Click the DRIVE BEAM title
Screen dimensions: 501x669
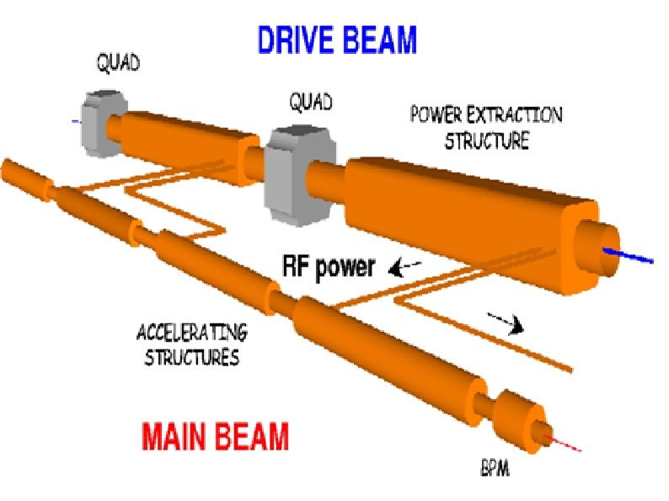pyautogui.click(x=337, y=39)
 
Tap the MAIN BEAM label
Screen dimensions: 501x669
pyautogui.click(x=216, y=438)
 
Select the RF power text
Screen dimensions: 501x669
pyautogui.click(x=329, y=268)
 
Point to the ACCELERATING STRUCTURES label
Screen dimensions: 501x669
pyautogui.click(x=192, y=343)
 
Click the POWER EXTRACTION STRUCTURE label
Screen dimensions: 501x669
pyautogui.click(x=486, y=127)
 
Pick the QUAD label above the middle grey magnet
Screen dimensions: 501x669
pyautogui.click(x=310, y=103)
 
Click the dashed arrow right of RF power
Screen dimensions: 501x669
pyautogui.click(x=405, y=269)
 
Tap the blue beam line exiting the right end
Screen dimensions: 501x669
pyautogui.click(x=633, y=253)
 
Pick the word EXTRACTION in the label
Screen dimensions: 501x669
pyautogui.click(x=520, y=115)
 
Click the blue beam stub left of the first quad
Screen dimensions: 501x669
pyautogui.click(x=76, y=122)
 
